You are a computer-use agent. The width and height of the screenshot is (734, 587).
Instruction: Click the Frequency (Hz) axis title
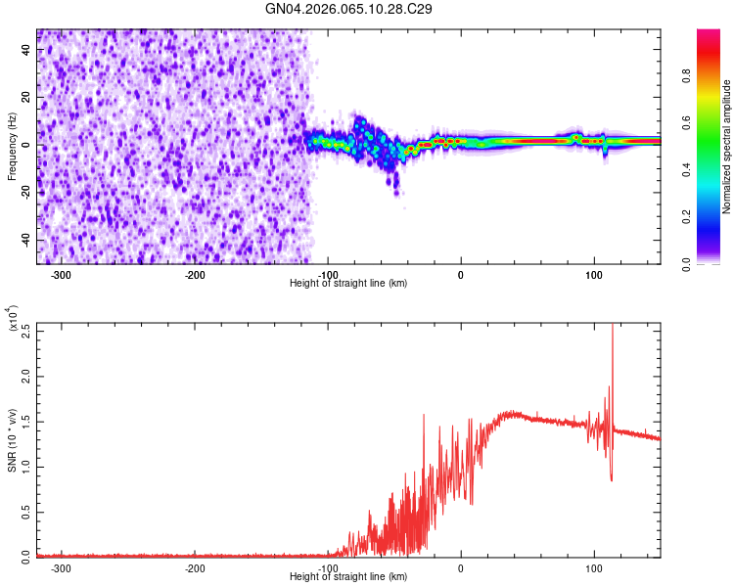coord(12,147)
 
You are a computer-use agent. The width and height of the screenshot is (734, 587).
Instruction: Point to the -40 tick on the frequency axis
coord(26,240)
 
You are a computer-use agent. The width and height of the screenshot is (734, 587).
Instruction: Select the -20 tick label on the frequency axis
coord(26,193)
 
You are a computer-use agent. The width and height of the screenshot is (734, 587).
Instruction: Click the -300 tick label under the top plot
coord(61,275)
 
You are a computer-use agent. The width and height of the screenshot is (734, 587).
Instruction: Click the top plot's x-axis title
coord(349,284)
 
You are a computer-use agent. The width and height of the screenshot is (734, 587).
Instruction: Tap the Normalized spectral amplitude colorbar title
coord(727,147)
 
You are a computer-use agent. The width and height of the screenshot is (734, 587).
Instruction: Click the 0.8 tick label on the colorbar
coord(715,75)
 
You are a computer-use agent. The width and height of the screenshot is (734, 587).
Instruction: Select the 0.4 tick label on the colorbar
coord(715,170)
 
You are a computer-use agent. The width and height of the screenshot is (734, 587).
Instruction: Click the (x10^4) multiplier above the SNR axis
coord(14,318)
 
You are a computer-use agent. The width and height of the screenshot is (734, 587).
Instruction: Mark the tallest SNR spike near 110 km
coord(613,328)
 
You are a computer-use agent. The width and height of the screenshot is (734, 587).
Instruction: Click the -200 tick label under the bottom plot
coord(194,567)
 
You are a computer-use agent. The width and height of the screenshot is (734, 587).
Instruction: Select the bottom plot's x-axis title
coord(349,577)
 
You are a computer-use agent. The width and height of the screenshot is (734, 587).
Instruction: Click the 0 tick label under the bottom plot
coord(461,567)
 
